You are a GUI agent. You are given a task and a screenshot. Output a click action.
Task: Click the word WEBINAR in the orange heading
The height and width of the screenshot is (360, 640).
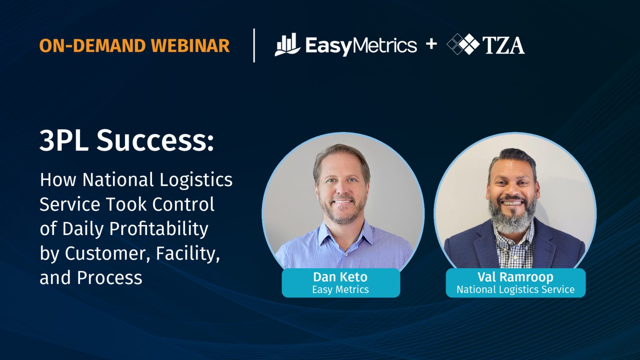[190, 46]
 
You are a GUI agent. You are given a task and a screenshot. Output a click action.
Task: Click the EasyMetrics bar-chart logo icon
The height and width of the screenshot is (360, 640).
[287, 45]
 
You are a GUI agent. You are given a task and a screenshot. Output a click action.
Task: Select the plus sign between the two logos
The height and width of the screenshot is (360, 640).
[431, 44]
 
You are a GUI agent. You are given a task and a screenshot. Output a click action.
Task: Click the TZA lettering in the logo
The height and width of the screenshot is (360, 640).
[503, 45]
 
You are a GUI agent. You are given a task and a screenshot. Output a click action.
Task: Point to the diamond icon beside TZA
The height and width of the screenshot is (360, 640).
[463, 44]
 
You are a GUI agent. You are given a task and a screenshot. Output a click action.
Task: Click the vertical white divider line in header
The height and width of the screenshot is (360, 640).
[254, 45]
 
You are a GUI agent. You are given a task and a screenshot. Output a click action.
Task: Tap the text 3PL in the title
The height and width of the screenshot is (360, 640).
[64, 140]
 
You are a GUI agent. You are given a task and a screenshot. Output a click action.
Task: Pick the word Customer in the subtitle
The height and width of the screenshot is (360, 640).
[107, 253]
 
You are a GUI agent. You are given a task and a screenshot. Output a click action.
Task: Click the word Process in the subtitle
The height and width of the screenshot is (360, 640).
[110, 278]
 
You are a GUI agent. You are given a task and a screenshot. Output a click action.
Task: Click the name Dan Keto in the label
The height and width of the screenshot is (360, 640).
[340, 277]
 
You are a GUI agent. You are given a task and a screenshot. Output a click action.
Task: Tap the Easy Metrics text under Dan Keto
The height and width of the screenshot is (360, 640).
[340, 290]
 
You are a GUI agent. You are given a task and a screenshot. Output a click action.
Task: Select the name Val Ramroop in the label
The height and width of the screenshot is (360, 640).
[515, 277]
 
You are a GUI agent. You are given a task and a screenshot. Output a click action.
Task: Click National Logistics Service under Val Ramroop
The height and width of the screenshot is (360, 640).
[515, 290]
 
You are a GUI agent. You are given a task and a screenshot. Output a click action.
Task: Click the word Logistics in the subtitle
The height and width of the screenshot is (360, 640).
[196, 180]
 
